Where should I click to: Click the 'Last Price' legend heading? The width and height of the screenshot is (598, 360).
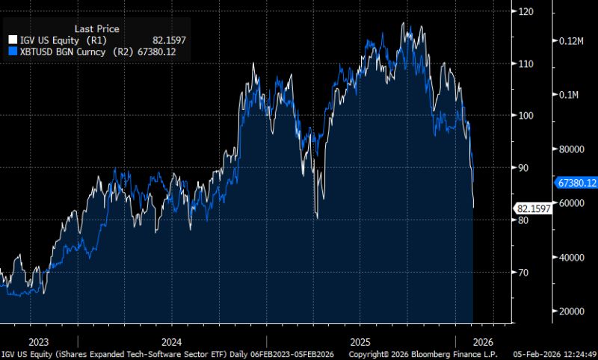click(x=97, y=28)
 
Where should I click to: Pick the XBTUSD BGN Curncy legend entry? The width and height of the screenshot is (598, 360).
click(x=66, y=52)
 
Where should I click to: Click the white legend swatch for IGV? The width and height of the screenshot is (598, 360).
click(x=10, y=40)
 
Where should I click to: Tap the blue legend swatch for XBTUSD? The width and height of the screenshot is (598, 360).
click(x=10, y=52)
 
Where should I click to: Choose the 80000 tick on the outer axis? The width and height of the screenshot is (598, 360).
click(x=572, y=149)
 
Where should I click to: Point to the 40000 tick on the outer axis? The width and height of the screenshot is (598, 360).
click(x=572, y=257)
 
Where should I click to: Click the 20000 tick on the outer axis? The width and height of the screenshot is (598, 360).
click(x=572, y=311)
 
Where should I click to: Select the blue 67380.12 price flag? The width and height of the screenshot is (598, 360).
click(x=576, y=182)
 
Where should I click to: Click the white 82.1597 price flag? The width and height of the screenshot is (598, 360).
click(x=533, y=209)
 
